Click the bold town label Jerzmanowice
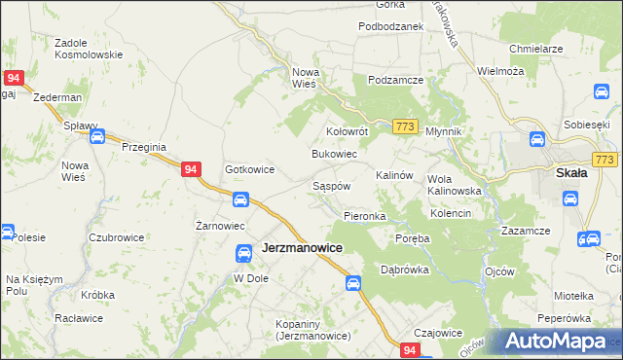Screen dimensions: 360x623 pos(303,249)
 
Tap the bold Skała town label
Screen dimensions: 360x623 pos(570,173)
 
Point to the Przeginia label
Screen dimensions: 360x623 pos(145,147)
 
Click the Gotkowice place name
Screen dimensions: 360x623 pos(249,169)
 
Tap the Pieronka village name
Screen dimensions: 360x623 pos(365,215)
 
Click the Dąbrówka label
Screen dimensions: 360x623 pos(405,270)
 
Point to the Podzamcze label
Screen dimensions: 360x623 pos(393,80)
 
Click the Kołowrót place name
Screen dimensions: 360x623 pos(346,130)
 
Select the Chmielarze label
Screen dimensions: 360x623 pos(537,48)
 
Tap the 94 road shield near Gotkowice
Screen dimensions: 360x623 pos(192,169)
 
